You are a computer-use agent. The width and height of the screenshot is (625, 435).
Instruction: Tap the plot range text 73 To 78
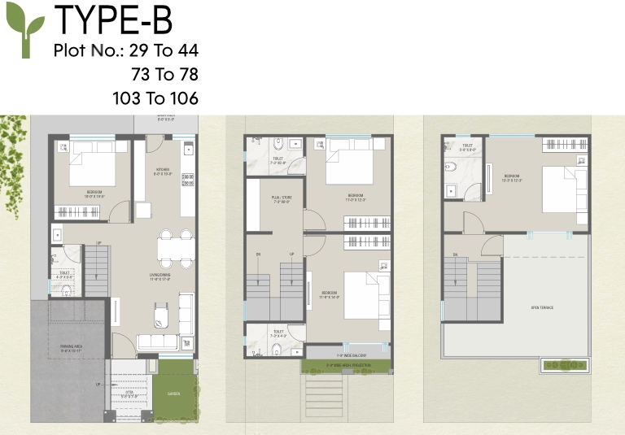[165, 75]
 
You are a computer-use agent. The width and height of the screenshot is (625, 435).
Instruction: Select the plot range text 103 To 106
[155, 98]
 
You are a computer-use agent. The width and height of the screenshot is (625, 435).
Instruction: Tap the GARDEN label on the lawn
[176, 394]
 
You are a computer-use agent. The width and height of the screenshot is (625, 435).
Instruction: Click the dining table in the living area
[175, 248]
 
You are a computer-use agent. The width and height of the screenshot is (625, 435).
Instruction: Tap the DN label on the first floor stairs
[259, 254]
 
